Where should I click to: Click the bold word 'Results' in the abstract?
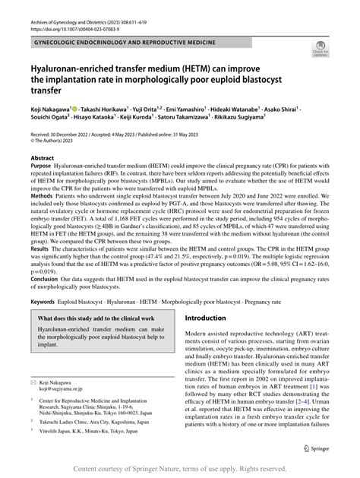41,271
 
